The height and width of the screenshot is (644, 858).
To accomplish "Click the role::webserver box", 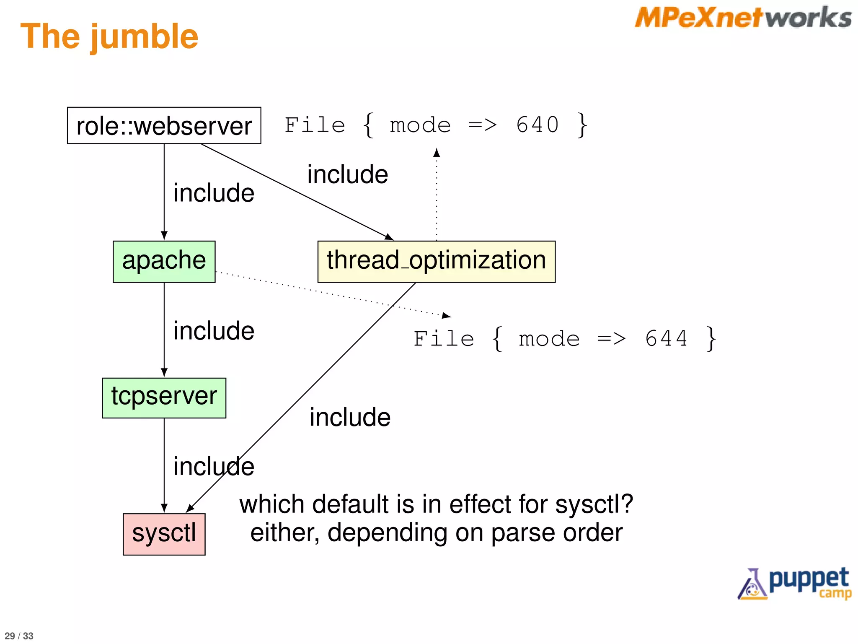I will pos(164,125).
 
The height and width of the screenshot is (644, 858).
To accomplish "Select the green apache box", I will pos(164,261).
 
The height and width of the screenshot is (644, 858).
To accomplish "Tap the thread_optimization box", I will pos(436,261).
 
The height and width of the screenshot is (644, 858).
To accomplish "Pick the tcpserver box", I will pos(164,397).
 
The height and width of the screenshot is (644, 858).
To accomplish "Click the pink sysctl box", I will pos(164,534).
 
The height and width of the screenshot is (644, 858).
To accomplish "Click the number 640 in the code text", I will pos(538,125).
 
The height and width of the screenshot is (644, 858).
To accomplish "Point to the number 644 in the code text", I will pos(666,338).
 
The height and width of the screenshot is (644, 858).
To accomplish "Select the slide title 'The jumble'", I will pos(109,37).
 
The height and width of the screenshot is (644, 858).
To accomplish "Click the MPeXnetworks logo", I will pos(743,18).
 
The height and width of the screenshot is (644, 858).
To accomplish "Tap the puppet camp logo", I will pos(795,583).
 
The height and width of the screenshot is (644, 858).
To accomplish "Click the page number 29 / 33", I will pos(19,636).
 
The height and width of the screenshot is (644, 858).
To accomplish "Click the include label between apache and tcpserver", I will pos(214,331).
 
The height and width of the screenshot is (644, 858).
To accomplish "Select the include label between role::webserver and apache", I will pos(214,193).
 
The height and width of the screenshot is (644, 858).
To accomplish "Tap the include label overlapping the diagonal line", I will pos(214,466).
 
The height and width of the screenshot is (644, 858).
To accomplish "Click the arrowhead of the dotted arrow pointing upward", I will pos(437,152).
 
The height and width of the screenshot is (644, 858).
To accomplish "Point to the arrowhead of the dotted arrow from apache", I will pos(447,315).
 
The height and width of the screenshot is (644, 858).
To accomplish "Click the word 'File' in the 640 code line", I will pos(315,125).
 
